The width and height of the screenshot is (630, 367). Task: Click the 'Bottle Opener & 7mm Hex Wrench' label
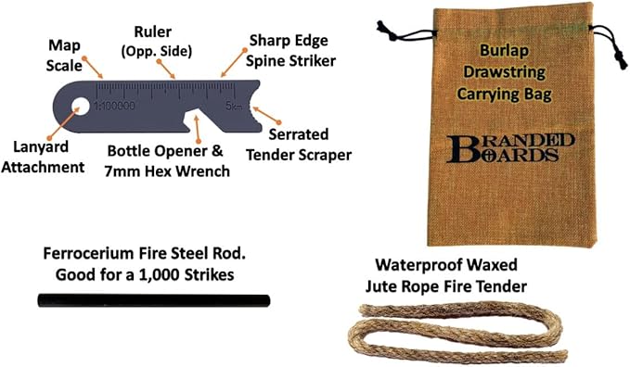coord(161,158)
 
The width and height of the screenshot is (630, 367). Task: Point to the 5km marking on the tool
coord(233,107)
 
